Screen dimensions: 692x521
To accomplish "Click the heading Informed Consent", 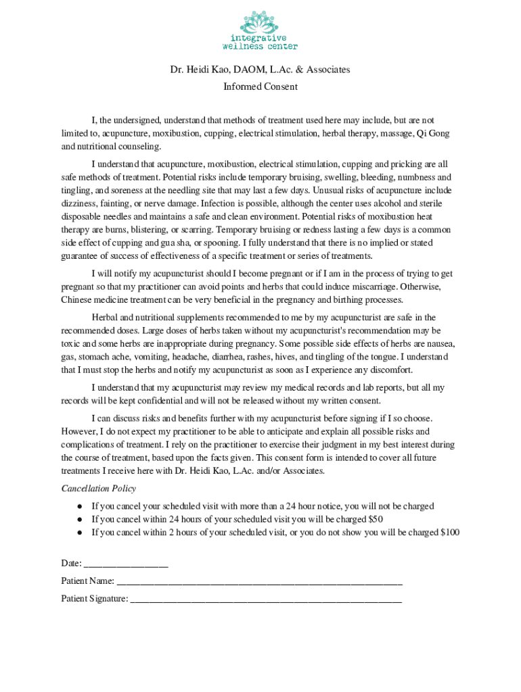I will coord(260,86).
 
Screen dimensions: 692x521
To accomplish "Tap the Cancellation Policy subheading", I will coord(98,489).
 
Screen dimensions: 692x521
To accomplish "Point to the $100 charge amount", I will coord(449,533).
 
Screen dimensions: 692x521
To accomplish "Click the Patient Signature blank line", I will coord(266,599).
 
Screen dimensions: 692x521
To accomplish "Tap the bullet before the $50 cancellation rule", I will coord(79,520).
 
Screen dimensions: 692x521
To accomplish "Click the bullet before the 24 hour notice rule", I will coord(79,506).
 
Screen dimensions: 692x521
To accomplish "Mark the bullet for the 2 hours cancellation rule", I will coord(79,533).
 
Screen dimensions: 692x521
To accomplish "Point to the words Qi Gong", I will coord(433,133).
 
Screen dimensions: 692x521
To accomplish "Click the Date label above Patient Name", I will coord(71,564).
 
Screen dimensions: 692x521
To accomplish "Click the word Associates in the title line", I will coord(327,70).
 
